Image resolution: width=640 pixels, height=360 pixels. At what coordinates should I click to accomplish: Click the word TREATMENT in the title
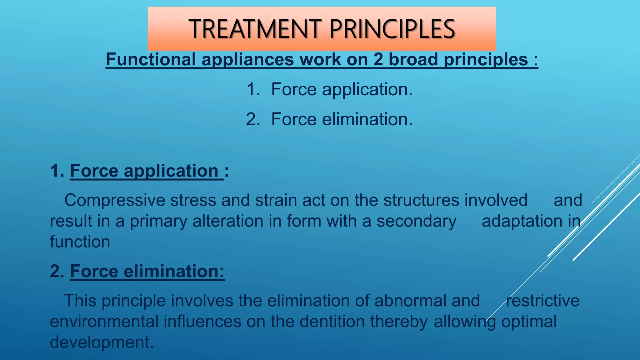(255, 29)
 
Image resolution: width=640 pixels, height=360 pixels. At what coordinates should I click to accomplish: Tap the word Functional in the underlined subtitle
(151, 59)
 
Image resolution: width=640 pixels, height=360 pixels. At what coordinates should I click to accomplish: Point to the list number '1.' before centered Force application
(253, 89)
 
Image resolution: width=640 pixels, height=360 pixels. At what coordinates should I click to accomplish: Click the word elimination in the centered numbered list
(367, 119)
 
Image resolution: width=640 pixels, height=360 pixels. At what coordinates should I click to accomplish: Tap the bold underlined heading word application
(171, 171)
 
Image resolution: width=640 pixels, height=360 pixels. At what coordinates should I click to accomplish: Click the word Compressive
(115, 200)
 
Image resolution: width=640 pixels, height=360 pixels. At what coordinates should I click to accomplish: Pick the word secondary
(416, 221)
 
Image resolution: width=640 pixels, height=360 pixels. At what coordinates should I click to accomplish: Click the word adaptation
(522, 221)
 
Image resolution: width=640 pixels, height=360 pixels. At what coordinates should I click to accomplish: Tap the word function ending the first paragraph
(80, 242)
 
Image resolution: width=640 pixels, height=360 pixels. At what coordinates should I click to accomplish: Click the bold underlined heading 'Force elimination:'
(147, 271)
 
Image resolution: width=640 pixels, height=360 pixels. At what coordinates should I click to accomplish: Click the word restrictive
(542, 301)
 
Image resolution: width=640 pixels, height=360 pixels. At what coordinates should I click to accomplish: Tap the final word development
(102, 342)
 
